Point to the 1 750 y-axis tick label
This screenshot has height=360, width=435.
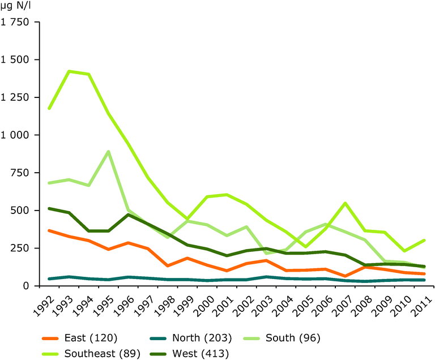(x=17, y=23)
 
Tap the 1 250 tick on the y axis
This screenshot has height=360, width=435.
(x=17, y=97)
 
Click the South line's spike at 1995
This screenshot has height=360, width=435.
(x=108, y=152)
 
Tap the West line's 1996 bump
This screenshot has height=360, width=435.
(x=129, y=215)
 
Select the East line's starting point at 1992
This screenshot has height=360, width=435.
(x=50, y=230)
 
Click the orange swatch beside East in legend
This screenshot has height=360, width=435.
(x=52, y=338)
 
